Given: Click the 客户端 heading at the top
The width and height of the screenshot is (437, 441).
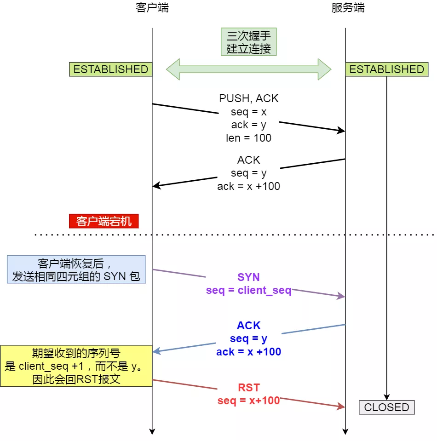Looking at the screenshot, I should (x=152, y=8).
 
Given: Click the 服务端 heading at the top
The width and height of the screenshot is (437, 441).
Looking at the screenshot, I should (x=348, y=8).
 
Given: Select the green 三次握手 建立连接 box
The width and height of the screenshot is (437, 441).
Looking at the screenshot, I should (x=248, y=42).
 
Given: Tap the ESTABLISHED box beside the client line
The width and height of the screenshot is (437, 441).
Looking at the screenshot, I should (x=111, y=69).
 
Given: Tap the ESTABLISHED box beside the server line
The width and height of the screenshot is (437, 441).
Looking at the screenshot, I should (x=387, y=69).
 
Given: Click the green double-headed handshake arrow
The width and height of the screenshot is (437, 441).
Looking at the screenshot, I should (x=248, y=69).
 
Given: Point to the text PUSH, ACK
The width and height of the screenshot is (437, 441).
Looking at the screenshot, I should (x=248, y=98).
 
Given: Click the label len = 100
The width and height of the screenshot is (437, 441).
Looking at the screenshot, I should (x=248, y=137).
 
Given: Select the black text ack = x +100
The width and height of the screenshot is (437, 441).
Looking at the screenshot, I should (x=248, y=186).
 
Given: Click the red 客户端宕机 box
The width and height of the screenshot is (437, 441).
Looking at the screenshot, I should (x=104, y=221).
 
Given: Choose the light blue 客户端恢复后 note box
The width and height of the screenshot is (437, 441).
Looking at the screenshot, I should (x=76, y=269).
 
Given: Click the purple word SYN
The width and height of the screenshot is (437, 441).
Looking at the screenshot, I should (x=248, y=277).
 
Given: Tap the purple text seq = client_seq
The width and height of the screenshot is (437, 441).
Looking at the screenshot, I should (x=248, y=291).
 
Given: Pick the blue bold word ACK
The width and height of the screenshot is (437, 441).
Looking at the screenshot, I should (x=248, y=326).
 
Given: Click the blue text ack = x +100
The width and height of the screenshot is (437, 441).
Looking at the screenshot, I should (x=248, y=352).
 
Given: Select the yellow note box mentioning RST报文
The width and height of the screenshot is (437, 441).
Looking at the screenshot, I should (x=76, y=366).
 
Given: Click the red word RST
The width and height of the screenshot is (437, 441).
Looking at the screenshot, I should (x=248, y=387).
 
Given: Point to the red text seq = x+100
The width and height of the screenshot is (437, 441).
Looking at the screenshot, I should (x=248, y=401).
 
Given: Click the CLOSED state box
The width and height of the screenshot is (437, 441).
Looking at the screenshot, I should (x=386, y=407).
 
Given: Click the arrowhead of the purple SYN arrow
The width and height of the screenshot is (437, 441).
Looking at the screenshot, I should (x=342, y=297).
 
